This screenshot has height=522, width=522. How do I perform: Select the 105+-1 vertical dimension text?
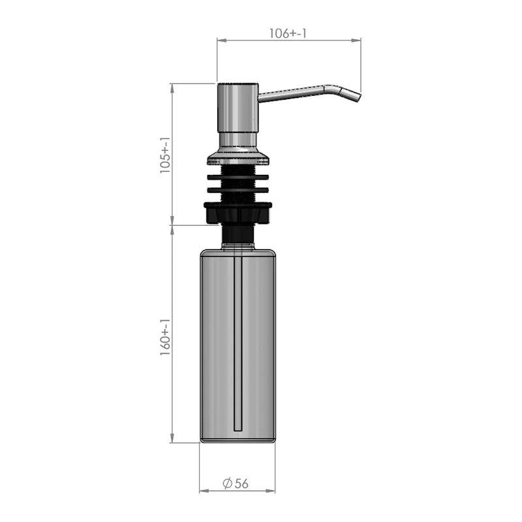(x=164, y=154)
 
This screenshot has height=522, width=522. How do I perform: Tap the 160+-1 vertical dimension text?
(x=164, y=337)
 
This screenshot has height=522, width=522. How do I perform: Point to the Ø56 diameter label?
(x=236, y=484)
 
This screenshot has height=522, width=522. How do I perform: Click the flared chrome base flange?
(x=238, y=157)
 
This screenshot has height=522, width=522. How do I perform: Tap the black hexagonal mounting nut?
(x=238, y=212)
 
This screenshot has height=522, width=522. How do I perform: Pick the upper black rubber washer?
(x=238, y=176)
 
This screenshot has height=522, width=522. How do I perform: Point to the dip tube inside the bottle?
(x=238, y=339)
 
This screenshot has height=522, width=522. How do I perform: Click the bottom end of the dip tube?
(x=238, y=429)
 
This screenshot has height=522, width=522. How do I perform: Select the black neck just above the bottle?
(x=238, y=234)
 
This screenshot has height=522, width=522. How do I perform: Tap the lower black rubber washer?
(x=238, y=191)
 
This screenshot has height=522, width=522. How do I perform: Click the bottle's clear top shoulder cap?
(x=238, y=247)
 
